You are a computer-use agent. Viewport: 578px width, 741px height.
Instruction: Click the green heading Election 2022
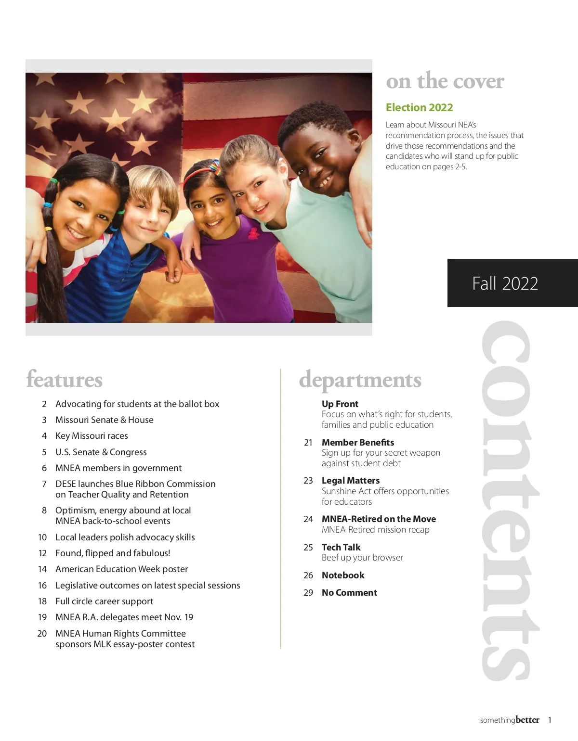[419, 107]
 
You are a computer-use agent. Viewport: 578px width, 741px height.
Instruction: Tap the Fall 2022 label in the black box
[505, 283]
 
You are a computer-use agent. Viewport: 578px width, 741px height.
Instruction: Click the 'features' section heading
[65, 379]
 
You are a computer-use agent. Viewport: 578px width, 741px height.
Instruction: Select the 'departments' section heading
[360, 380]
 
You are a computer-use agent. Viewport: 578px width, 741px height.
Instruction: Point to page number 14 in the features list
[42, 569]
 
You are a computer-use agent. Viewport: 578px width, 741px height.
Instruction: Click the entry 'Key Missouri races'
[92, 436]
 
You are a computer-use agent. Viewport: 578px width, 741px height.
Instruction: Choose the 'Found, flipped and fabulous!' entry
[113, 553]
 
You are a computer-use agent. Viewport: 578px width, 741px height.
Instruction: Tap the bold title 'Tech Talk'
[341, 547]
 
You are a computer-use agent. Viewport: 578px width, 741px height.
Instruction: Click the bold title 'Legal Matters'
[351, 481]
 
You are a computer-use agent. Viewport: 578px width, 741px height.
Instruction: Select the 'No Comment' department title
[349, 593]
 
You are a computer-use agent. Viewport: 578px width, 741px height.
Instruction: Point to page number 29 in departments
[308, 593]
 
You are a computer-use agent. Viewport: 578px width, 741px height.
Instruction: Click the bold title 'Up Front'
[340, 404]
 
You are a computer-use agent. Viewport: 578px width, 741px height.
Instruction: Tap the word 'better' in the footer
[527, 720]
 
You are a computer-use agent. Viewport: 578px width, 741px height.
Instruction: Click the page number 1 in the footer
[550, 720]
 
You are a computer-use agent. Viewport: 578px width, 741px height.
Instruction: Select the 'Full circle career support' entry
[104, 601]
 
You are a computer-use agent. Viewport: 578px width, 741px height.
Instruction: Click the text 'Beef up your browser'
[362, 558]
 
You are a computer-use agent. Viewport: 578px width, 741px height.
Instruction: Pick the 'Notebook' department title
[343, 575]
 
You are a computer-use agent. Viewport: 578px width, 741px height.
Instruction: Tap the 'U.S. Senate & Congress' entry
[101, 452]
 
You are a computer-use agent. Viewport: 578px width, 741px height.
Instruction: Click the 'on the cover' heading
[445, 81]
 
